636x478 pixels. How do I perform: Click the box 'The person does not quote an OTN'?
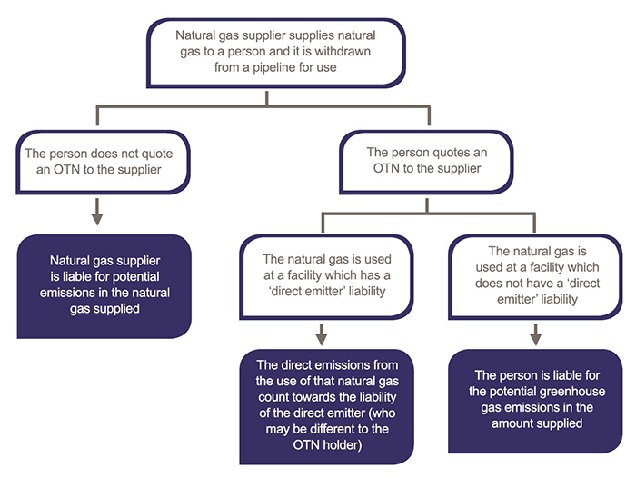tap(103, 162)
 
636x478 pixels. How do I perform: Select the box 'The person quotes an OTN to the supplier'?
tap(426, 162)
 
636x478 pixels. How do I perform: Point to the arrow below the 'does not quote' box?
tap(97, 212)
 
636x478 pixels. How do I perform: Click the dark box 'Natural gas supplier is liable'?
tap(104, 286)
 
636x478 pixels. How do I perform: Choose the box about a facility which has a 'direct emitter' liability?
tap(326, 277)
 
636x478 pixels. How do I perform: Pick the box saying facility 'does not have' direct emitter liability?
tap(535, 277)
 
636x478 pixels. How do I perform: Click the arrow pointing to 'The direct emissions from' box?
tap(322, 334)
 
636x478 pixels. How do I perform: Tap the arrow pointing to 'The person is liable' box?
tap(536, 334)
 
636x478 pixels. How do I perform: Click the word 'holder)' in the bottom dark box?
tap(342, 445)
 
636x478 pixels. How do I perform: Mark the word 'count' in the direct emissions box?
tap(273, 397)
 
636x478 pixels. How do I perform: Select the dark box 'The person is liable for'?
tap(535, 401)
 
